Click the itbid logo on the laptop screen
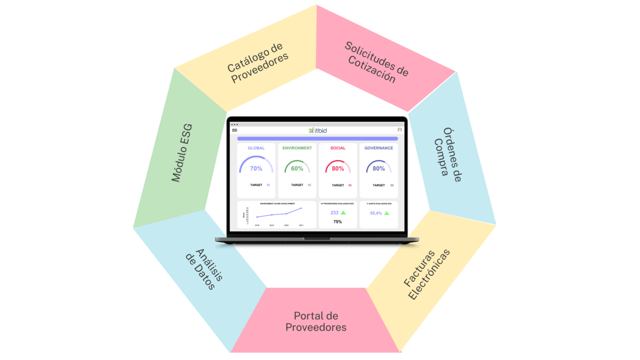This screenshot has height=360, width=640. (x=317, y=130)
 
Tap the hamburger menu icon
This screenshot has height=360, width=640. (x=235, y=130)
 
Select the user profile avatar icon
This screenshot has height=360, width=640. (x=400, y=130)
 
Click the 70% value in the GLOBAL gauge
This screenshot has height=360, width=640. (x=256, y=168)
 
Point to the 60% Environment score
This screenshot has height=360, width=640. (x=297, y=168)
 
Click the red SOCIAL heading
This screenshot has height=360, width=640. (x=338, y=148)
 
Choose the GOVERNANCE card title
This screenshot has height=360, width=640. (x=379, y=148)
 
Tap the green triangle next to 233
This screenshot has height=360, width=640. (x=343, y=213)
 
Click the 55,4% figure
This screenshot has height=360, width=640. (x=376, y=213)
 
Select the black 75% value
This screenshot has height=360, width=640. (x=338, y=221)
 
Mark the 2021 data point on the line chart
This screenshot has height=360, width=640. (x=301, y=208)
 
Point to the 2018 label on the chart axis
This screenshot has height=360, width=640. (x=257, y=225)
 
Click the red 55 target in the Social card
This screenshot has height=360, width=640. (x=350, y=185)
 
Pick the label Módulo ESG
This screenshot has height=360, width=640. (x=182, y=152)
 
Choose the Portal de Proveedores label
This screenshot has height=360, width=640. (x=316, y=322)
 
